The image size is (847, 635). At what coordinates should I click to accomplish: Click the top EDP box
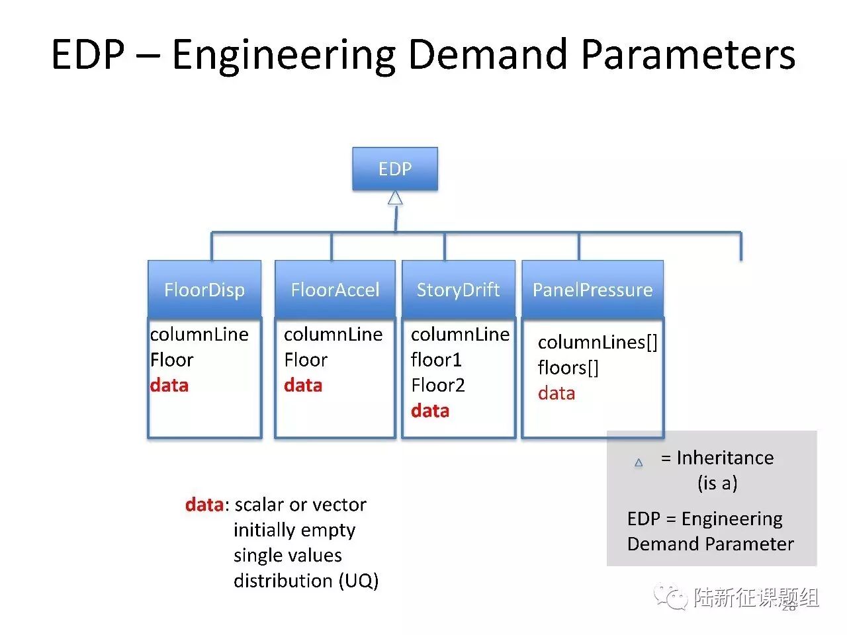394,169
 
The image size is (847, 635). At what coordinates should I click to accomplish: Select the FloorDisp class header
204,290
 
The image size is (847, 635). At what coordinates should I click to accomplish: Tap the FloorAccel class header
335,290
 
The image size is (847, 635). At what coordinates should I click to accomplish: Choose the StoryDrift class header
458,290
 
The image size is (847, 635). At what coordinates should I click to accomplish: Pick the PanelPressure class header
592,290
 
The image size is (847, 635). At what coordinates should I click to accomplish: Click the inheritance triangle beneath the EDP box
395,198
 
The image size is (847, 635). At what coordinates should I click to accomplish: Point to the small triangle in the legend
639,462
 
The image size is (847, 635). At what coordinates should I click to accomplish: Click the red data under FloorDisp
169,385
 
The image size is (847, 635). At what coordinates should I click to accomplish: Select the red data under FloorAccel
303,385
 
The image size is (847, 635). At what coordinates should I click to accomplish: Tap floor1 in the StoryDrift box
436,360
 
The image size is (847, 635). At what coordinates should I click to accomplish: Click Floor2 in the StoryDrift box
438,385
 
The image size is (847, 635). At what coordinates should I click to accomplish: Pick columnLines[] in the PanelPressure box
598,342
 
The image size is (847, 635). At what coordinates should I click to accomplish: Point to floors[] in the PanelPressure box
568,368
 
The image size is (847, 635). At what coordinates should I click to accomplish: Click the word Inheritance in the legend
725,458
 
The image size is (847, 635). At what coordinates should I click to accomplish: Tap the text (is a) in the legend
717,483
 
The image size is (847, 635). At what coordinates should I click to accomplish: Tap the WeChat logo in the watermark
671,597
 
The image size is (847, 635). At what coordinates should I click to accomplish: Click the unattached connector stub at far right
740,246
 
